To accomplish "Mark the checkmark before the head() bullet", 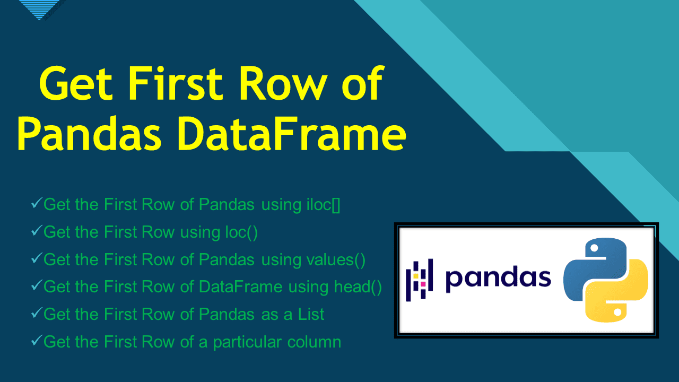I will (x=37, y=286).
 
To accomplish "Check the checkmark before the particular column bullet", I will (x=37, y=341).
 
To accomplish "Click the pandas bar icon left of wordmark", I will (x=419, y=280).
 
